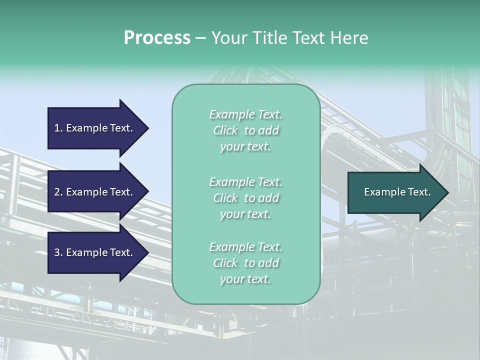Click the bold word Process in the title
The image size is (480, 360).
(157, 37)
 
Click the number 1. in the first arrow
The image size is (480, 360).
(58, 128)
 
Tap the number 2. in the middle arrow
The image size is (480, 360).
(58, 192)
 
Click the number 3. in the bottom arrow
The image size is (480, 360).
(58, 252)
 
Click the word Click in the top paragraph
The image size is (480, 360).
(225, 131)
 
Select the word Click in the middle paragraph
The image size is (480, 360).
(225, 198)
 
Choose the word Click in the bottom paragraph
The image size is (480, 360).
(225, 263)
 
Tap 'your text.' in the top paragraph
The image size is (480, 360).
(245, 147)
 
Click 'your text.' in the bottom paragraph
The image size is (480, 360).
(245, 279)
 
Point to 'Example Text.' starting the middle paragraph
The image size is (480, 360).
(245, 181)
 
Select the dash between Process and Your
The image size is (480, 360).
(201, 38)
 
